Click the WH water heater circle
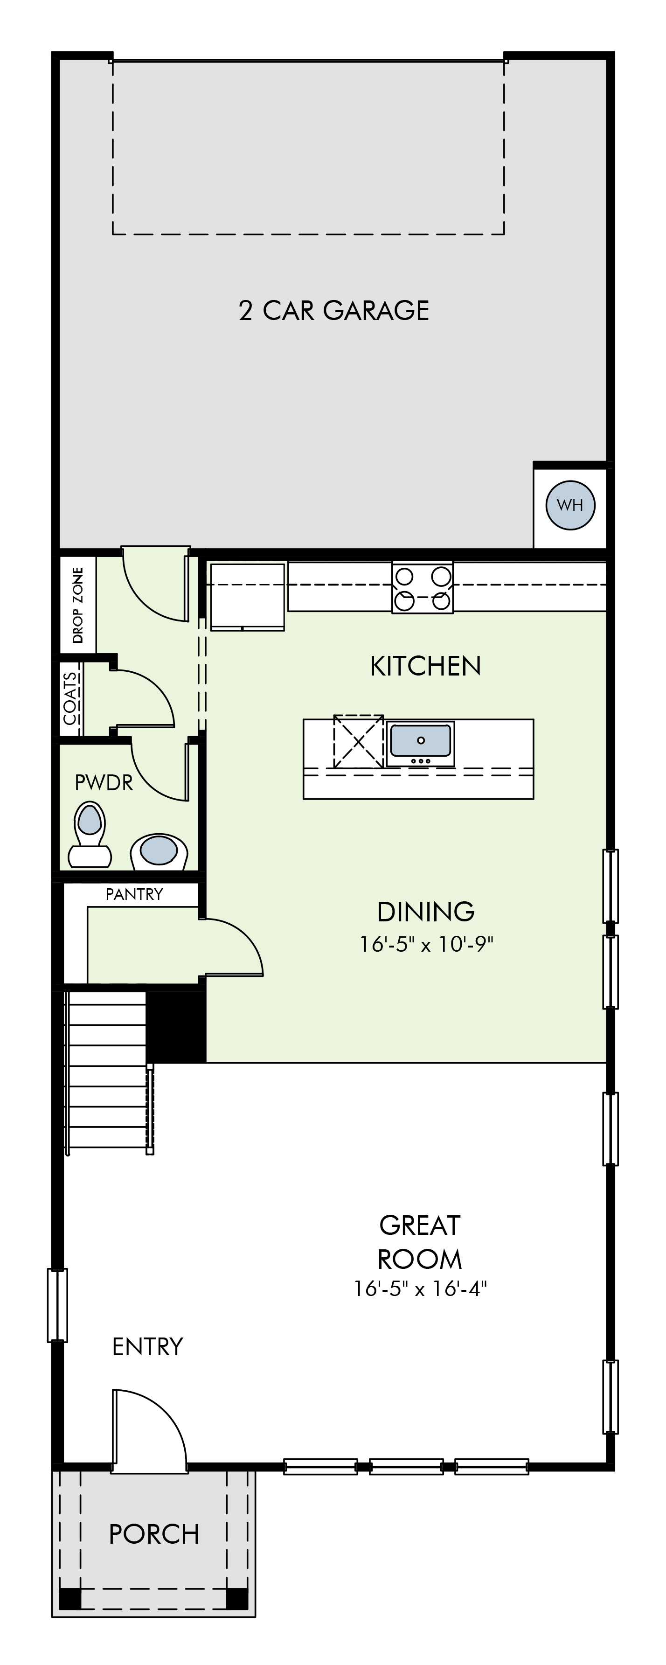570,505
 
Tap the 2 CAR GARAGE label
334,310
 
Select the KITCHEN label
426,666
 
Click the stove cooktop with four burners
423,587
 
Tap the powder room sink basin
159,850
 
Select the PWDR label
104,783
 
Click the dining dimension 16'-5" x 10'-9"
426,944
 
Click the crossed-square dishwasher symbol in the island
359,741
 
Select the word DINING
426,912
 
